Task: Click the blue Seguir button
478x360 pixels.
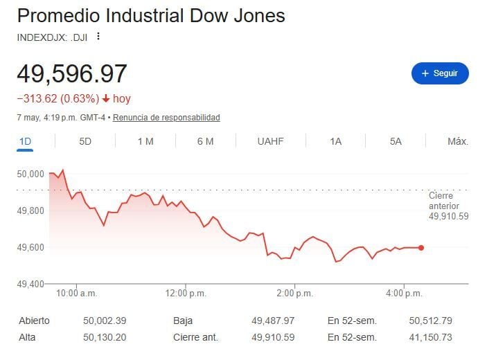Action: point(440,73)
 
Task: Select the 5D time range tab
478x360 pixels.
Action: point(85,141)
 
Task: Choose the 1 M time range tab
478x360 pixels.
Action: point(145,141)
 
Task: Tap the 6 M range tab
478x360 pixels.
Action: point(206,141)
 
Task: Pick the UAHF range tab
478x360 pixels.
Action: point(270,141)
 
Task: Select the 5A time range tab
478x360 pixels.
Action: point(396,141)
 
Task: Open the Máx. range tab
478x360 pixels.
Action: point(458,141)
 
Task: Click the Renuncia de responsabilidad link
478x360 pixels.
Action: point(166,118)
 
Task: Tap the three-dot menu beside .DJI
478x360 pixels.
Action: point(98,36)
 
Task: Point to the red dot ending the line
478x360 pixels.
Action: point(421,248)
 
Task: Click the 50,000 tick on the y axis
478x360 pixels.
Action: point(30,174)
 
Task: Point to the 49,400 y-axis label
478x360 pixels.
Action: point(30,284)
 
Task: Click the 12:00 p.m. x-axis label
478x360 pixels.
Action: point(186,294)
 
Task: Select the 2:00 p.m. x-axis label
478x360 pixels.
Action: point(295,294)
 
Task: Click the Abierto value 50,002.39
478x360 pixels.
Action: point(105,321)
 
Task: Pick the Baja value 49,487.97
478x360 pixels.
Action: point(273,321)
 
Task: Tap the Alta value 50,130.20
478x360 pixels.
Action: point(105,337)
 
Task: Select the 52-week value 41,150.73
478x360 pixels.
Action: point(430,337)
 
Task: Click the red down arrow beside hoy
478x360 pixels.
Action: point(106,99)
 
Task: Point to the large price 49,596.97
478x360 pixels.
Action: point(72,73)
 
